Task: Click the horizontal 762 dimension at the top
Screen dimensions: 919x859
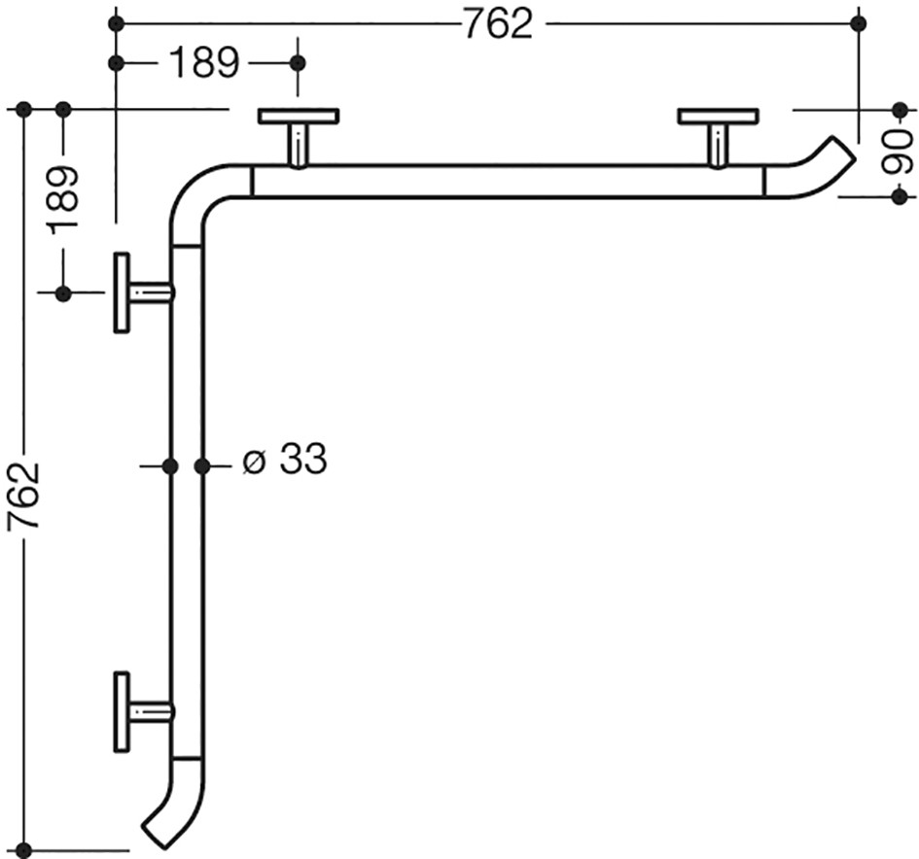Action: pos(498,24)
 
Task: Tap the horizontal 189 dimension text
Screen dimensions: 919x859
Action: pos(204,62)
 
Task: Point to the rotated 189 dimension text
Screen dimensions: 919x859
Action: pos(63,199)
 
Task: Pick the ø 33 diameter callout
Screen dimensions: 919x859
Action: pos(285,458)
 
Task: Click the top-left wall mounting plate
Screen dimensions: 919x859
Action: pos(299,116)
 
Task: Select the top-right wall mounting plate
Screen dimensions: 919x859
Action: pos(718,116)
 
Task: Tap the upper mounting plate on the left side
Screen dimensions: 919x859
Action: pos(122,292)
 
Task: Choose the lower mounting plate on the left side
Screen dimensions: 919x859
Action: pos(122,712)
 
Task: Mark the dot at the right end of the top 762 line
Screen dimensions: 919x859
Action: pos(859,23)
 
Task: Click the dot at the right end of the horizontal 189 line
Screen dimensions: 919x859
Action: pos(298,62)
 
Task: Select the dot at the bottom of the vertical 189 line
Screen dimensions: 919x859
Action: pos(63,293)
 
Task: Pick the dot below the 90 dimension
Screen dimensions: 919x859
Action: pos(900,197)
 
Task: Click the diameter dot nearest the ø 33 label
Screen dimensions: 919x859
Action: pos(202,466)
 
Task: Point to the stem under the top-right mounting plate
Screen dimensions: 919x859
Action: pos(718,146)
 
